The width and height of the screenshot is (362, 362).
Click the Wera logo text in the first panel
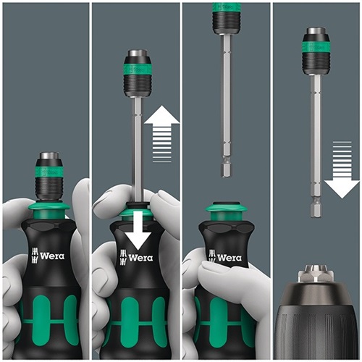[52, 256]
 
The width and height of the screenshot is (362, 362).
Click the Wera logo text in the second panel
[140, 258]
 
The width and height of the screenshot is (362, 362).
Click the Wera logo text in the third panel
[230, 258]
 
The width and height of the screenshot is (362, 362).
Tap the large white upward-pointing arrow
[162, 133]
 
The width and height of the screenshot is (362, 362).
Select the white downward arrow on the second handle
[138, 229]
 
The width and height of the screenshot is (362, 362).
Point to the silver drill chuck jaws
[316, 274]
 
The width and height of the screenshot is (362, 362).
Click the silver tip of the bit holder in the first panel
[50, 156]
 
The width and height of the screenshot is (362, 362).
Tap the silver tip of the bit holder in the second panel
[138, 54]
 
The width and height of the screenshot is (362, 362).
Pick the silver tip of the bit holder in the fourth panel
[316, 31]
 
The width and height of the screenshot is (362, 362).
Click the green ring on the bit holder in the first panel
[50, 171]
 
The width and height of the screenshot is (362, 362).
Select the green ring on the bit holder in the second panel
[138, 69]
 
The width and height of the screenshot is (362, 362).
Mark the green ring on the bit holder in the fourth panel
[316, 46]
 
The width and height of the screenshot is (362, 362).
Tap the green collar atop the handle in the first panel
[49, 210]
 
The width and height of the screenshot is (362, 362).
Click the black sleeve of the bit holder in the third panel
[226, 20]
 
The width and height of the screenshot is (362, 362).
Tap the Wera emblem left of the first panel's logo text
[35, 256]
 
